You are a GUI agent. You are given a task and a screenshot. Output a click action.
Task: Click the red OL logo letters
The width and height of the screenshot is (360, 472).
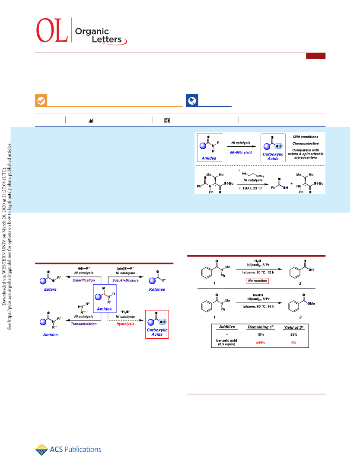(52, 30)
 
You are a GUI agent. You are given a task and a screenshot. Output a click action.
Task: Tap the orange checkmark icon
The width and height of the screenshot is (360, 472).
(41, 100)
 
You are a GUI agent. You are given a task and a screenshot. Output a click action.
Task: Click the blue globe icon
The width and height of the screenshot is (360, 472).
(192, 100)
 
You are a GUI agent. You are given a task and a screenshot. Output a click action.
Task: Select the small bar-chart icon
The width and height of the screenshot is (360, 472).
(90, 121)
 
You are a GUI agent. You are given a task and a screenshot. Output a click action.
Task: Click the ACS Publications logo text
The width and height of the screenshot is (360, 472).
(76, 450)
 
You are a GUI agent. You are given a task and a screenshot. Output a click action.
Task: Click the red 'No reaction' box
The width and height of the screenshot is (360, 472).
(258, 281)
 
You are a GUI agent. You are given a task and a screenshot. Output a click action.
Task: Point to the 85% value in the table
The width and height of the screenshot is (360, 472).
(294, 335)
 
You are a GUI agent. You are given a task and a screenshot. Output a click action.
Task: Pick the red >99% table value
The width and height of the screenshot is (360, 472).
(261, 343)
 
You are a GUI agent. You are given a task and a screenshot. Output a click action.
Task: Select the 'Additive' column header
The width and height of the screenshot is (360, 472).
(227, 327)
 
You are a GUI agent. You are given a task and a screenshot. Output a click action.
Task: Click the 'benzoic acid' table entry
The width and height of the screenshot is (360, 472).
(226, 340)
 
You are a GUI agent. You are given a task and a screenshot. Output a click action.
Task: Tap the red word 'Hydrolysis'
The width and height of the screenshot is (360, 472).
(125, 324)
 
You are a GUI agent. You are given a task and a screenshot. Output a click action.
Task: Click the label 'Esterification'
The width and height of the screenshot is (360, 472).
(84, 280)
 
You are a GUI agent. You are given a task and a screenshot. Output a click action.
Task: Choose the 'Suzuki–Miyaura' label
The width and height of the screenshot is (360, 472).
(125, 280)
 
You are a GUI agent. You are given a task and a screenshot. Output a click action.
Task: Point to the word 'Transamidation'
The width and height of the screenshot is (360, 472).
(84, 324)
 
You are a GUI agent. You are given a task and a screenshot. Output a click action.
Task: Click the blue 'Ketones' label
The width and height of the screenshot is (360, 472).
(157, 289)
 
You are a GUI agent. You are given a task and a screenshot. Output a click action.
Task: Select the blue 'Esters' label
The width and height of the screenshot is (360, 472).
(50, 289)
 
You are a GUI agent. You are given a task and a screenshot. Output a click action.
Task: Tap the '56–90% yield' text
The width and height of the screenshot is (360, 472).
(241, 153)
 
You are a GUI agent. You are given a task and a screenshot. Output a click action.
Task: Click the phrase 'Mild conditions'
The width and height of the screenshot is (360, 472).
(306, 137)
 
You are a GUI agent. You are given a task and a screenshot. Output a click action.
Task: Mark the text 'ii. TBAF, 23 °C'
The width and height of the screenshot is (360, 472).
(250, 188)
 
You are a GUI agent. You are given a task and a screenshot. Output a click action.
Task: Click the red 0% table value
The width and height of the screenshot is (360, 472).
(294, 343)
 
